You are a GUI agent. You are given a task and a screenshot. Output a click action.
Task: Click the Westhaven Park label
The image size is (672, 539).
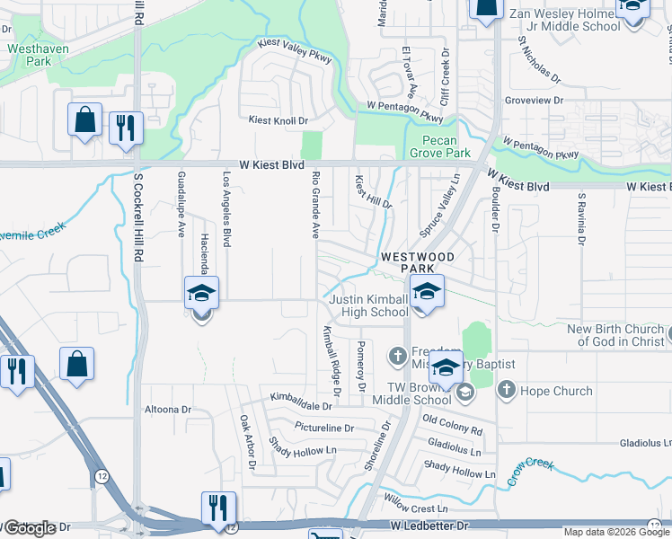click(27, 54)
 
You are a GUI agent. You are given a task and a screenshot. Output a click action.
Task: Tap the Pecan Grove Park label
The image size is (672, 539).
click(447, 147)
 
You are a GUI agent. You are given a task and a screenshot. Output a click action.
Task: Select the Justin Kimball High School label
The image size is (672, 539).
click(368, 305)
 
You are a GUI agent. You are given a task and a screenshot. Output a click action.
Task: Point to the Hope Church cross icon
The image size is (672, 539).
click(507, 390)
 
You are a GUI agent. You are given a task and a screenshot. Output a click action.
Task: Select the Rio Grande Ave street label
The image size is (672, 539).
click(315, 206)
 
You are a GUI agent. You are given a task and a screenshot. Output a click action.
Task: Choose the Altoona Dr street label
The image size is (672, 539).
click(168, 409)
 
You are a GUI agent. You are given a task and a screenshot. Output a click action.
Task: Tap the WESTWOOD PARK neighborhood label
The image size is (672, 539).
click(419, 262)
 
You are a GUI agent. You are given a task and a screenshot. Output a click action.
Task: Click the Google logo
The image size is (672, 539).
click(30, 528)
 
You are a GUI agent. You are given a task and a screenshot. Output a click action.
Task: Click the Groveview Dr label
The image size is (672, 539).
click(534, 102)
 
